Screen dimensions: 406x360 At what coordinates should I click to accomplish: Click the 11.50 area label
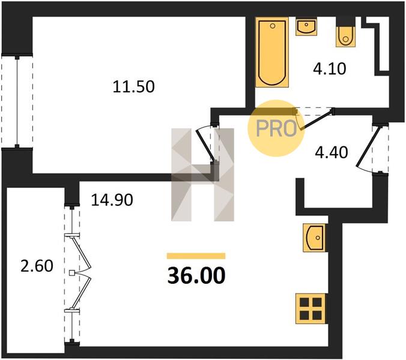coord(133,86)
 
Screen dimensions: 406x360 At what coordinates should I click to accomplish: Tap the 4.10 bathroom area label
coord(329,69)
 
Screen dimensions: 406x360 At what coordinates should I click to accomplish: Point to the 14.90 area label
coord(112,200)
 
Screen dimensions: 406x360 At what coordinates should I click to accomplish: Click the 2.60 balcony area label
coord(37,266)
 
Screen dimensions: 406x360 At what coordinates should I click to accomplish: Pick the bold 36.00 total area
coord(196,275)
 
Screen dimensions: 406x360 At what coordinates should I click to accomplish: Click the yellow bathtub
coord(272,52)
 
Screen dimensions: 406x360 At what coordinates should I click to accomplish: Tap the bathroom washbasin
coord(306,26)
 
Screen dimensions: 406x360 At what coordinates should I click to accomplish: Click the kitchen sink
coord(314,238)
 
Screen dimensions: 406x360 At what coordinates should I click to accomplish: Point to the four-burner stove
coord(311,308)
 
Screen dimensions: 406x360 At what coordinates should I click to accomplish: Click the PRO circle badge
coord(276,128)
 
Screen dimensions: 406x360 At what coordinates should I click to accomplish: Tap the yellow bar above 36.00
coord(196,256)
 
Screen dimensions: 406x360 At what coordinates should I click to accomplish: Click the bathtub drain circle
coord(273,26)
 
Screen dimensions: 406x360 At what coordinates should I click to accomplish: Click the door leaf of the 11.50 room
coord(205,146)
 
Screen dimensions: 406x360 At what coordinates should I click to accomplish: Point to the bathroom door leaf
coord(317,119)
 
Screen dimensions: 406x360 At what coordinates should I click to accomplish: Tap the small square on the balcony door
coord(72,272)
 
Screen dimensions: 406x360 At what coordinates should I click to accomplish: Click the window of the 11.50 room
coord(17,101)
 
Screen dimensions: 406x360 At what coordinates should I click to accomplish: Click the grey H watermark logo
coord(203,175)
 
